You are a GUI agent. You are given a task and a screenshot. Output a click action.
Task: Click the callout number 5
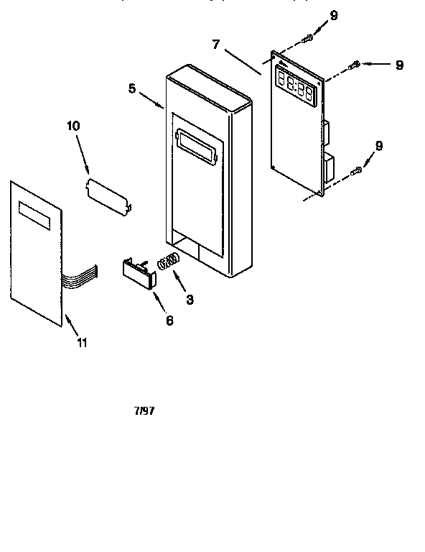[133, 88]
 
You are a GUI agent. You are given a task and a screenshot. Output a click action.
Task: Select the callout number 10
[73, 126]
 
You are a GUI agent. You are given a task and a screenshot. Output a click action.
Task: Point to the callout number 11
[82, 343]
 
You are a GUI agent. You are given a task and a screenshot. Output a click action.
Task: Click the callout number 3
[189, 300]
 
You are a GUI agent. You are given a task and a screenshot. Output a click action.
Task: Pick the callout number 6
[169, 321]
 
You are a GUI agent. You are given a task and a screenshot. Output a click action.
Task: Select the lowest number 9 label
[378, 146]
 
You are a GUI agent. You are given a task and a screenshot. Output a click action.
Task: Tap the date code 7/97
[144, 411]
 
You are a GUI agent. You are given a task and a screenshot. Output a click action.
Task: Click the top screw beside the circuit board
[308, 37]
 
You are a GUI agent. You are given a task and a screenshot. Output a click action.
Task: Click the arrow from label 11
[71, 323]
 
